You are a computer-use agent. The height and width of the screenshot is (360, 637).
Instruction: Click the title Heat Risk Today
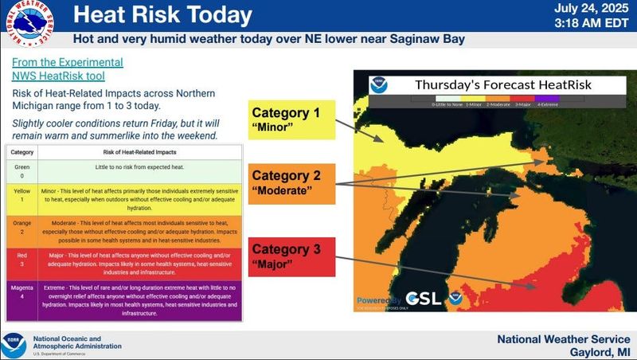163,15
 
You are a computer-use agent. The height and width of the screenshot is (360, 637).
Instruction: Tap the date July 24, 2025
593,9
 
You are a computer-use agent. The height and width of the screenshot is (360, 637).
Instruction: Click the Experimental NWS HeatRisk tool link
68,69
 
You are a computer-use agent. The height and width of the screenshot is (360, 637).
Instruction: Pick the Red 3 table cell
22,265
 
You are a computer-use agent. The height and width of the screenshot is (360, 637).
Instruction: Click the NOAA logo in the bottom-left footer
14,344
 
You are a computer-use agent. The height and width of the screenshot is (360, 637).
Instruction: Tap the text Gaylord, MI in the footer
599,350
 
